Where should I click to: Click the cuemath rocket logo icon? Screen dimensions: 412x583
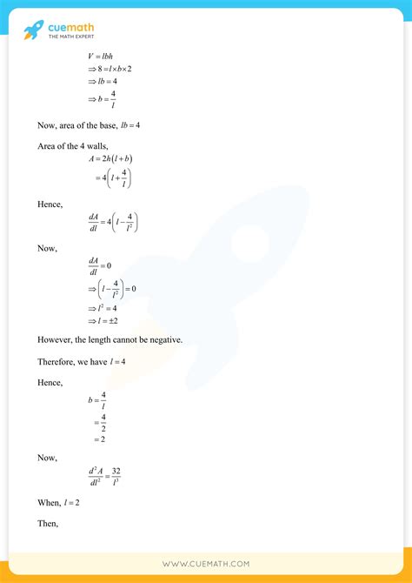(33, 30)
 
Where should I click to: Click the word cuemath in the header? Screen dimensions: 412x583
(69, 25)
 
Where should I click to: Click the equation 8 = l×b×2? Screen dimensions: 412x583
(110, 70)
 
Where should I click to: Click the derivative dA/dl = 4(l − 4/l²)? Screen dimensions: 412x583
(112, 223)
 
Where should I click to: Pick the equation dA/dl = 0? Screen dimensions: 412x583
(99, 265)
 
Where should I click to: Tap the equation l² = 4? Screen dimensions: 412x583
(103, 308)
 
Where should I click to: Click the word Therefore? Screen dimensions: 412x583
(56, 360)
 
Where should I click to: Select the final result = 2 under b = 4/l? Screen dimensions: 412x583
(100, 439)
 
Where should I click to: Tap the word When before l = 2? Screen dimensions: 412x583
(49, 503)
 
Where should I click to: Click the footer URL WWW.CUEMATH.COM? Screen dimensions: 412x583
(205, 564)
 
